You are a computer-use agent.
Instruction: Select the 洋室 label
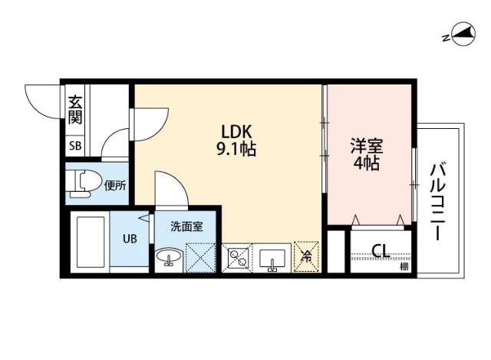367,145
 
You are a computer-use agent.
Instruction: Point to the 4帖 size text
367,163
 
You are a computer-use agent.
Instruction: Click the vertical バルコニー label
438,202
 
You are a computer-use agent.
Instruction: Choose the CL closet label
380,250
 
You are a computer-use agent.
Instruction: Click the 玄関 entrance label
75,110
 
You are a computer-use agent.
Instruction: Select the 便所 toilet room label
115,184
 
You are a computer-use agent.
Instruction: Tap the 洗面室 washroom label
186,226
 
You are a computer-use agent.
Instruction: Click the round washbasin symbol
169,258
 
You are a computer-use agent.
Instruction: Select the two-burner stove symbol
237,259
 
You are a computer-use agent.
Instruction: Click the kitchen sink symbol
272,259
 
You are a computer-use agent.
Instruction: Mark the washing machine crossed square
201,258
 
